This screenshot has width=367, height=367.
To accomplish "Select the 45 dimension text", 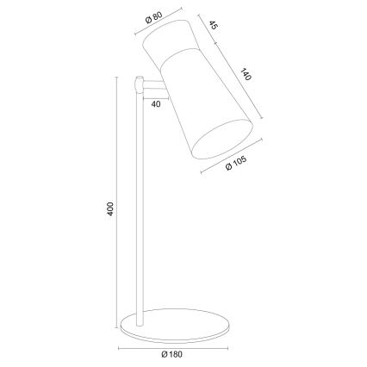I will pyautogui.click(x=212, y=27).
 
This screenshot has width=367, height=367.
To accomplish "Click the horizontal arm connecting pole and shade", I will pyautogui.click(x=154, y=88).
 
